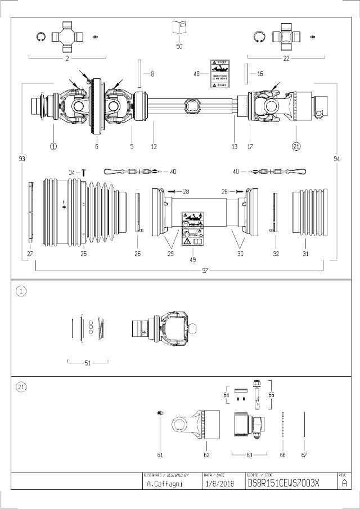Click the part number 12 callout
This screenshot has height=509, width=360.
[x=154, y=146]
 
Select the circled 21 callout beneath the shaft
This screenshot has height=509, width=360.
[x=296, y=146]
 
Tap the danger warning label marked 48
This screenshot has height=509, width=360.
[x=219, y=73]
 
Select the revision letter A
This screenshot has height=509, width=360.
[x=344, y=483]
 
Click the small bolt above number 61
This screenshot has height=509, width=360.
[x=160, y=413]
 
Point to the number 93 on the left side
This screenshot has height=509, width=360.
[x=21, y=159]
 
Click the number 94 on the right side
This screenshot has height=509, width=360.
[x=336, y=159]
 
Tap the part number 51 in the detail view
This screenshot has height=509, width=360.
[x=88, y=363]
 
